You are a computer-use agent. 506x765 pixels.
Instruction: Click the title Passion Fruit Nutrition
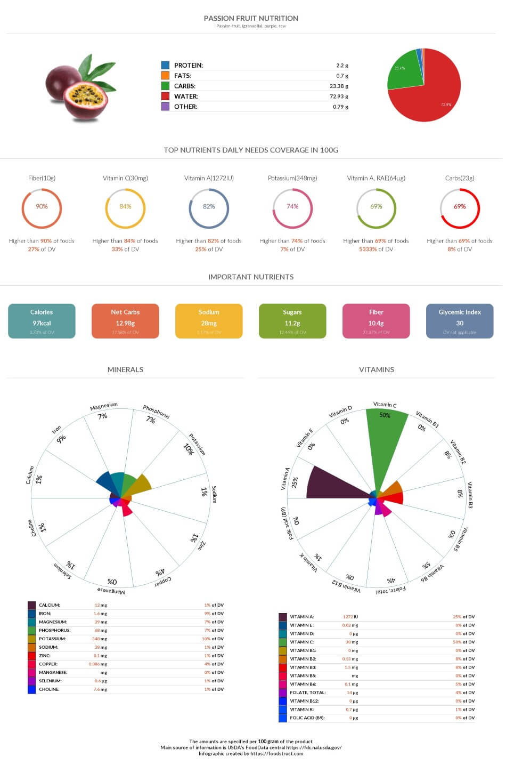click(x=251, y=18)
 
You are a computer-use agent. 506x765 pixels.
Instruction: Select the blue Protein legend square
click(x=165, y=65)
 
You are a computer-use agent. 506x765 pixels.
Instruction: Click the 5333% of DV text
click(x=376, y=249)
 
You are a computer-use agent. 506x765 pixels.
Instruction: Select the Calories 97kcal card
click(x=42, y=321)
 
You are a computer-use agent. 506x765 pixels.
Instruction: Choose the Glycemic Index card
click(x=460, y=321)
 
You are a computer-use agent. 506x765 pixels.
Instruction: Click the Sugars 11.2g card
click(x=292, y=321)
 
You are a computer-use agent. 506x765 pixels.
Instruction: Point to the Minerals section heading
click(x=125, y=369)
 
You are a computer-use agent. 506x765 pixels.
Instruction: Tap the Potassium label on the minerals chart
click(x=197, y=444)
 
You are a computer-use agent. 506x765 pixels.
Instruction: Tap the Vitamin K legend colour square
click(x=283, y=710)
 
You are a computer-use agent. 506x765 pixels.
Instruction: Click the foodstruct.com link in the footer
click(x=276, y=753)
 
